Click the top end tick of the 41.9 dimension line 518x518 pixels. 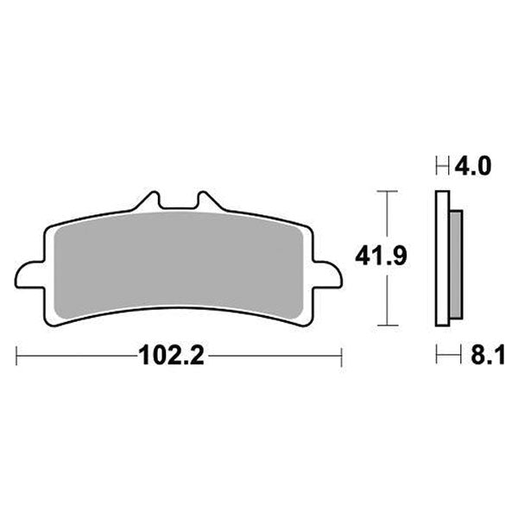pos(385,189)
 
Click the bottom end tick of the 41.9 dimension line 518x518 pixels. pos(385,325)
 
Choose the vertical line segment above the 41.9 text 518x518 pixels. pos(385,216)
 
